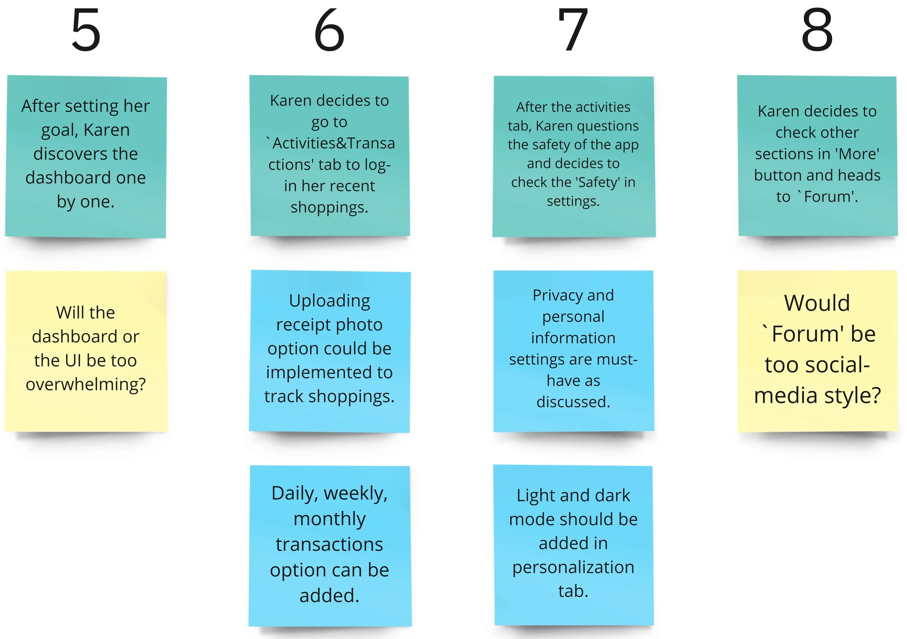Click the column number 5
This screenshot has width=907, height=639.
pos(86,30)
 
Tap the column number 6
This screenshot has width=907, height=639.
pos(329,30)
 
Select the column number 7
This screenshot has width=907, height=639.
pos(573,30)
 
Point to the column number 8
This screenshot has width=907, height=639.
pos(817,30)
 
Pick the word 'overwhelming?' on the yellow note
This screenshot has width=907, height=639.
pos(86,384)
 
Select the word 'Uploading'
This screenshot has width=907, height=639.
pos(329,301)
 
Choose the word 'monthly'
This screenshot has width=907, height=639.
pos(329,519)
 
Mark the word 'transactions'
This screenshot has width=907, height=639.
pos(329,544)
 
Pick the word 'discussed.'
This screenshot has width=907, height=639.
pos(573,402)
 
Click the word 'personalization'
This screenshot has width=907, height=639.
pos(573,567)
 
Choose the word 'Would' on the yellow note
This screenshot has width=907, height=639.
pos(817,303)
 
